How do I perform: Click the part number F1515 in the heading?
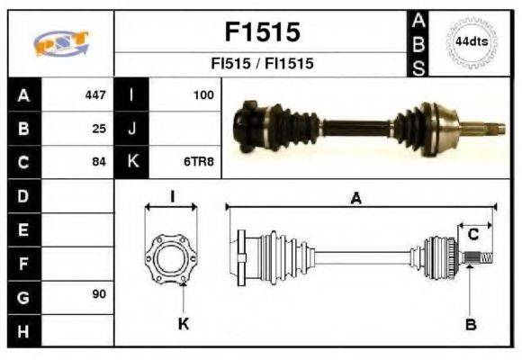(x=261, y=33)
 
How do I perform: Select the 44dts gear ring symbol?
(x=471, y=42)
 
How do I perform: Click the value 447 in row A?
(x=94, y=94)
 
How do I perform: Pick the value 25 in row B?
(x=99, y=129)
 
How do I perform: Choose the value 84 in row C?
(x=99, y=163)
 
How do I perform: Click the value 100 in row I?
(x=202, y=94)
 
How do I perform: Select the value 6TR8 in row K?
(x=199, y=163)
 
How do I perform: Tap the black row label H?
(x=23, y=330)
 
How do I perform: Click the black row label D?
(x=23, y=196)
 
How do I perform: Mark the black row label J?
(x=132, y=129)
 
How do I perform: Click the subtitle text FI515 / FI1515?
(x=261, y=65)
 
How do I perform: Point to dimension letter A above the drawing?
(x=355, y=199)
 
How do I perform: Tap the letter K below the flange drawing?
(x=183, y=324)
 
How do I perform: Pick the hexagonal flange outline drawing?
(x=171, y=258)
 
